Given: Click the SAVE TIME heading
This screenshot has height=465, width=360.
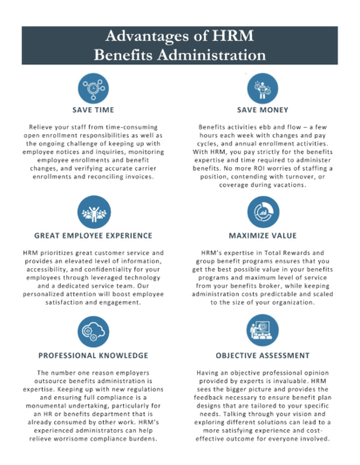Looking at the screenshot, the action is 92,111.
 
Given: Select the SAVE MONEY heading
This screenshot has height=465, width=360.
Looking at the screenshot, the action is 265,111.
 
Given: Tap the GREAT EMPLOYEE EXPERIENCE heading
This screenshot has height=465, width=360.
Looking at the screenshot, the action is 92,235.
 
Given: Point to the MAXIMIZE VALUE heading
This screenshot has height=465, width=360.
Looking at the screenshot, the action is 265,235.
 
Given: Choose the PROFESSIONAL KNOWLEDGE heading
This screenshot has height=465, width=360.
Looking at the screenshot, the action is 92,356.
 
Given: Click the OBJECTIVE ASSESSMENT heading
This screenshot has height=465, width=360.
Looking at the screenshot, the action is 265,356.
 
